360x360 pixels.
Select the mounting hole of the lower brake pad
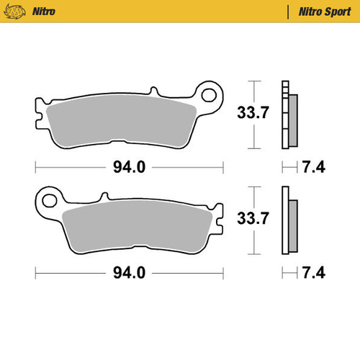click(49, 197)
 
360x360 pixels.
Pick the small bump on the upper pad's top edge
click(153, 91)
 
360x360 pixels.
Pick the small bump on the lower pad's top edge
click(105, 194)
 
